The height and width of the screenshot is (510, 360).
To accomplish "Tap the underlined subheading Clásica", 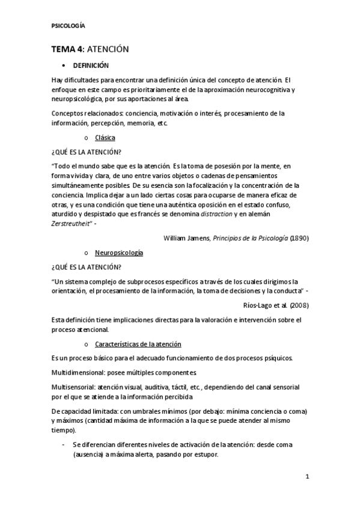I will (105, 138).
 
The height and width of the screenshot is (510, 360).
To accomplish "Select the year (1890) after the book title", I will (299, 238).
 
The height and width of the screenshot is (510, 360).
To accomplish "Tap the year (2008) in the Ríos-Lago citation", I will (299, 305).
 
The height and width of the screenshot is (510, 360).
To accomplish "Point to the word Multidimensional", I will (78, 373).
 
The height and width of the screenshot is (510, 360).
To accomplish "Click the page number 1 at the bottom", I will (307, 478).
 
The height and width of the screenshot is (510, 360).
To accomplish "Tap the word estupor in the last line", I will (204, 455).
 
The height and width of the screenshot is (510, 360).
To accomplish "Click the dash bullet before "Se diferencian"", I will (64, 445).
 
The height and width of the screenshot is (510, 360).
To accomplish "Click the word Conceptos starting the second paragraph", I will (69, 113).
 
